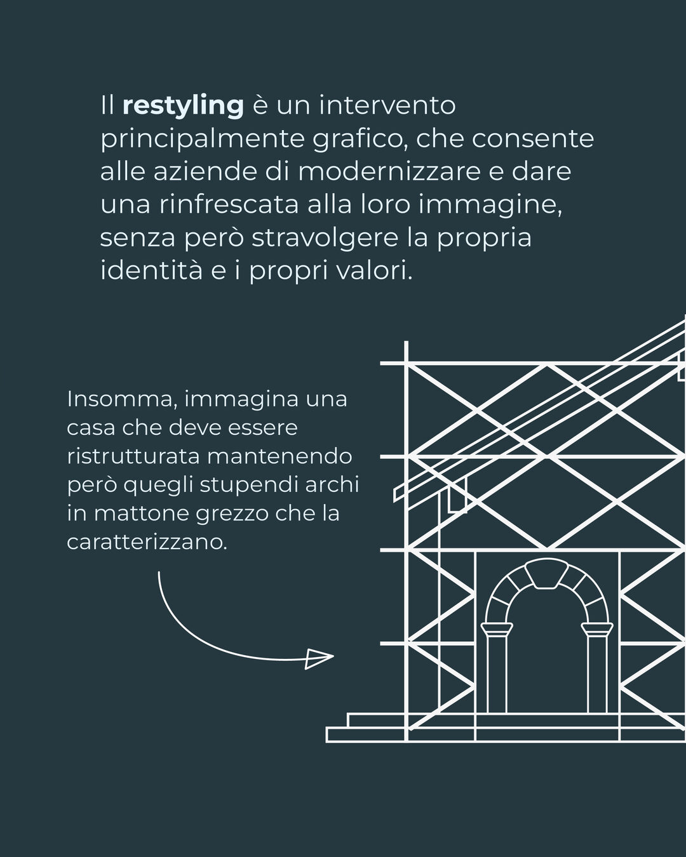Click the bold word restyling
coord(183,106)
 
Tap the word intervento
coord(387,105)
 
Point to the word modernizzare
coord(389,171)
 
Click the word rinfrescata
coord(229,204)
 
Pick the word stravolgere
coord(325,239)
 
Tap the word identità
coord(151,270)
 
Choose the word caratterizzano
coord(147,542)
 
